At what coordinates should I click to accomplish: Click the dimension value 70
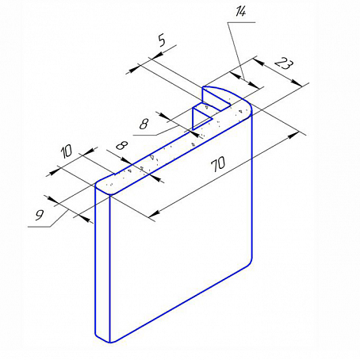(218, 164)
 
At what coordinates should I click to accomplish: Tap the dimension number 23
(284, 64)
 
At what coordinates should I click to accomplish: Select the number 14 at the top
(241, 13)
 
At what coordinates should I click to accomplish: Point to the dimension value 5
(162, 41)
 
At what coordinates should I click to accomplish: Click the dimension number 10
(67, 152)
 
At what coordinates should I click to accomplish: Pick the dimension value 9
(40, 215)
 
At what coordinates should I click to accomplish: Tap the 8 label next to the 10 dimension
(122, 145)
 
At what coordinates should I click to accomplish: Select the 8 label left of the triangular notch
(144, 124)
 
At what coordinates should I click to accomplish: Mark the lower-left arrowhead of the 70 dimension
(154, 213)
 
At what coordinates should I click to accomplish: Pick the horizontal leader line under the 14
(241, 23)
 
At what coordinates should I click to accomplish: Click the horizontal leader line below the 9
(39, 227)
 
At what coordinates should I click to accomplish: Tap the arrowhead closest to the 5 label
(158, 55)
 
